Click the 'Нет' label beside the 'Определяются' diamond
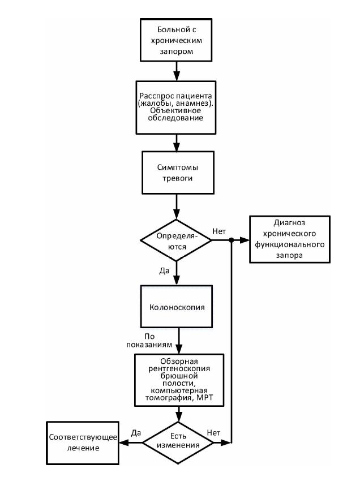click(219, 231)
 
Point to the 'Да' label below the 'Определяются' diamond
click(164, 270)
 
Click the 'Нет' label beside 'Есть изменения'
click(213, 433)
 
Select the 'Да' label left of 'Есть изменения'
click(136, 433)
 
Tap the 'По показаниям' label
click(149, 341)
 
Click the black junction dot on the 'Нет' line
click(232, 240)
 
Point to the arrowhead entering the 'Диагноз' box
click(245, 240)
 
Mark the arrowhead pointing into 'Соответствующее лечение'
click(123, 443)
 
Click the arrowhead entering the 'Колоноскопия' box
click(176, 281)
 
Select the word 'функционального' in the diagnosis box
click(290, 244)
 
